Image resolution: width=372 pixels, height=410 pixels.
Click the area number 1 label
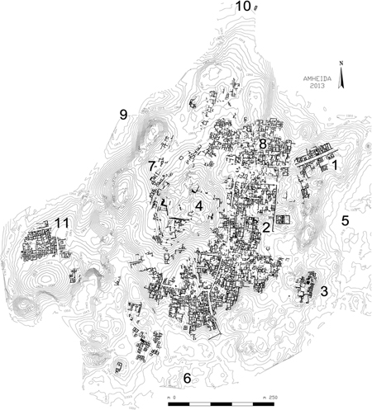pyautogui.click(x=336, y=165)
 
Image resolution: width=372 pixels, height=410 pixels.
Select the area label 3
pyautogui.click(x=325, y=291)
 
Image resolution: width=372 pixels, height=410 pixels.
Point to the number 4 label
pyautogui.click(x=198, y=205)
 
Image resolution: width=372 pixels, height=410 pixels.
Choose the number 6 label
pyautogui.click(x=187, y=378)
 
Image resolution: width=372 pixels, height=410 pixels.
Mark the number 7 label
pyautogui.click(x=152, y=167)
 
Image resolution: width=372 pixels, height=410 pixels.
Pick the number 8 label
pyautogui.click(x=262, y=144)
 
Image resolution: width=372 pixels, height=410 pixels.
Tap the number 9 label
pyautogui.click(x=123, y=115)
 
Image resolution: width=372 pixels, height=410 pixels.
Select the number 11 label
pyautogui.click(x=60, y=223)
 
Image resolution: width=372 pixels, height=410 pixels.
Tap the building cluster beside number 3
pyautogui.click(x=305, y=288)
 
